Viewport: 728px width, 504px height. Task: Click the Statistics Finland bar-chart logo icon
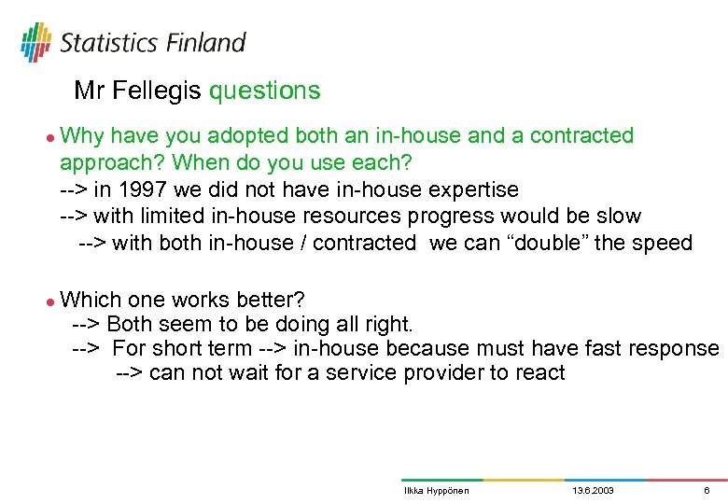point(35,41)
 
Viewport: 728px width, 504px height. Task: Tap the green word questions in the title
point(264,91)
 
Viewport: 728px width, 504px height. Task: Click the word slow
point(618,217)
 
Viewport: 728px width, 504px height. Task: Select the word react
point(539,373)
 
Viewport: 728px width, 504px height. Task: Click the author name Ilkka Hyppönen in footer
point(436,490)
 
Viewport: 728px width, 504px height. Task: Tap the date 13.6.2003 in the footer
point(592,490)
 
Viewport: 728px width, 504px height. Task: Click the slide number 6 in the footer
point(707,490)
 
